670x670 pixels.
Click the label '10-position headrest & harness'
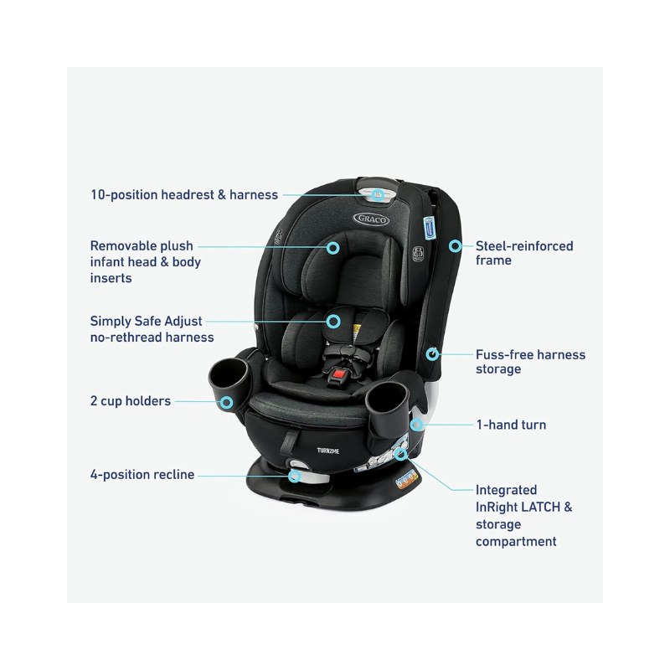pos(184,195)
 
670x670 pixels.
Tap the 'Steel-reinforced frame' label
pos(524,253)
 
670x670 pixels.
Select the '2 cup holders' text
pos(131,401)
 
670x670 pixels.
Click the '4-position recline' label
pos(142,475)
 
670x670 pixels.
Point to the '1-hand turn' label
pos(511,425)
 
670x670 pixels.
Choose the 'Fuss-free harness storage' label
pos(530,362)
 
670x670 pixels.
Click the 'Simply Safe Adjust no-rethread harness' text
pos(152,329)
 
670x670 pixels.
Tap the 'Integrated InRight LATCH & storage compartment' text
pos(523,516)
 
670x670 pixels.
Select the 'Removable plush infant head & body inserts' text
pos(145,261)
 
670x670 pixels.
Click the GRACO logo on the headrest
pos(371,219)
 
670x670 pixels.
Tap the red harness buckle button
pos(341,373)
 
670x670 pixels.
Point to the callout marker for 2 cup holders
pos(226,402)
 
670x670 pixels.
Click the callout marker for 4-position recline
pos(294,476)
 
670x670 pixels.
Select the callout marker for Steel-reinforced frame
pos(455,246)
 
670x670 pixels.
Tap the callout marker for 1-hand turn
pos(416,425)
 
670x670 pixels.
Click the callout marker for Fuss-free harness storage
pos(432,354)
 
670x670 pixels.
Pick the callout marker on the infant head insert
pos(332,248)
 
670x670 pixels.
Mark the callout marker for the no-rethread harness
pos(333,321)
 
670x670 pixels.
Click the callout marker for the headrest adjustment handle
pos(378,195)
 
